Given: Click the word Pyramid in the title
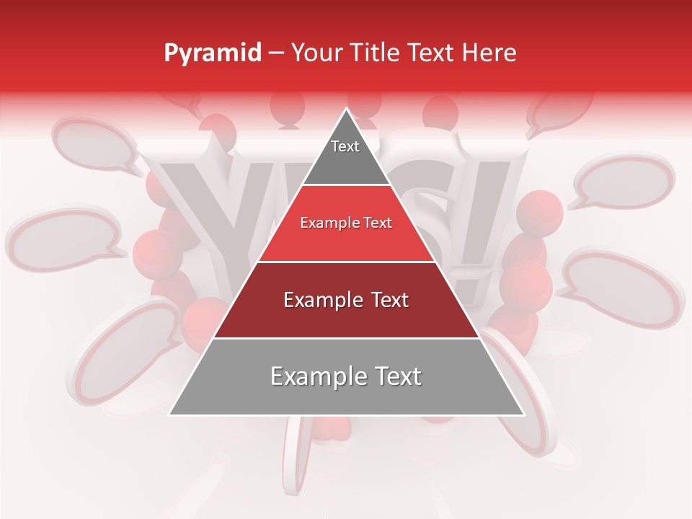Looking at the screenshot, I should [x=212, y=53].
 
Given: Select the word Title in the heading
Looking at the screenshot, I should [x=379, y=53].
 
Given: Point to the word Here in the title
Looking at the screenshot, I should [x=489, y=53].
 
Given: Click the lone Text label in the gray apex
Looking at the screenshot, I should [x=345, y=146].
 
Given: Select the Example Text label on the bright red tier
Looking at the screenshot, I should [x=346, y=223].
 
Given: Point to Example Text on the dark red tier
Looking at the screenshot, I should [x=346, y=300].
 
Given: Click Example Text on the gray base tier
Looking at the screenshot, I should [x=346, y=376].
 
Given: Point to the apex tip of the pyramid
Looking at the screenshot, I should [x=346, y=110].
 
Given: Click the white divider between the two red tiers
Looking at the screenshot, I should [x=346, y=262].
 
